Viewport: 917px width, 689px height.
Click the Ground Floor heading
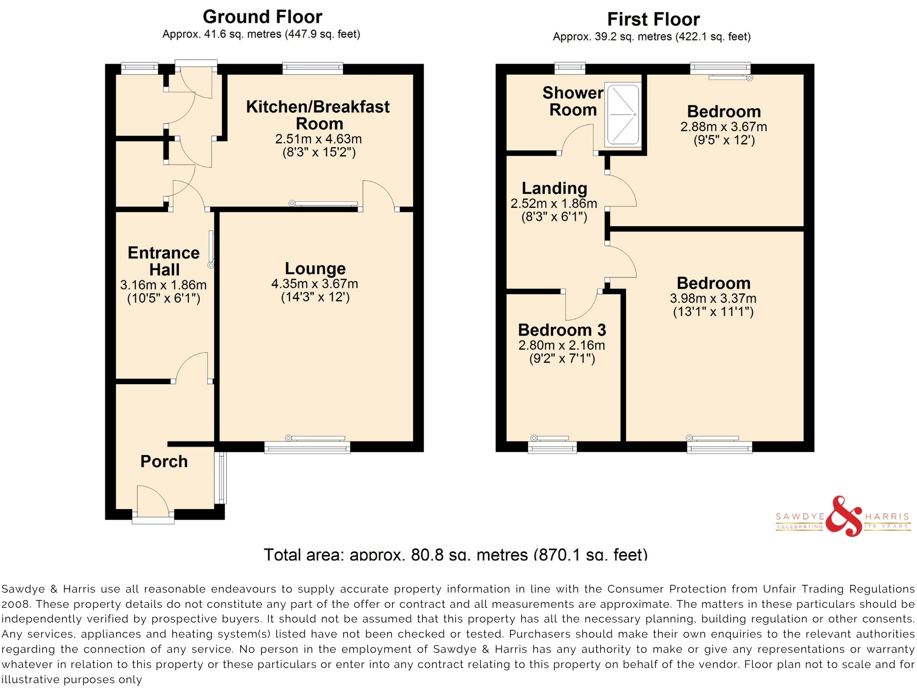[x=263, y=17]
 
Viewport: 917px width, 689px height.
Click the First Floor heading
[x=653, y=20]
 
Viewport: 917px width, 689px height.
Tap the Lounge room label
[x=315, y=268]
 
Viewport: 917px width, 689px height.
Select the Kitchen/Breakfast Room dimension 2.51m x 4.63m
[x=318, y=139]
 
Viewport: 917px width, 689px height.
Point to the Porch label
[x=164, y=461]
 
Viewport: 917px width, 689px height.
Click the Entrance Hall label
[x=164, y=261]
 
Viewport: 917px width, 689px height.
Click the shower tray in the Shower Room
[x=623, y=115]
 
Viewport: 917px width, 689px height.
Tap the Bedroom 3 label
[x=562, y=330]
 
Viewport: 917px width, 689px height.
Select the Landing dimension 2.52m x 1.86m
[x=554, y=204]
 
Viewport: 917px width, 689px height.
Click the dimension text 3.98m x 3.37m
[x=713, y=299]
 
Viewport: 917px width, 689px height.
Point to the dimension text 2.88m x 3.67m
[x=724, y=127]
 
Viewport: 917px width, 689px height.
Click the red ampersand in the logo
[x=843, y=517]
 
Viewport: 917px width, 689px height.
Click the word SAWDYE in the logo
[x=800, y=517]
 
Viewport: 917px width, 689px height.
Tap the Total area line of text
[x=456, y=554]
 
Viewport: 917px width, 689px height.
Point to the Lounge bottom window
[x=307, y=447]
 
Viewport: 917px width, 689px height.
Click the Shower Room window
[x=570, y=68]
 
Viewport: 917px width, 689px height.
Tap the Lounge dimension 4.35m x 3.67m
[x=314, y=284]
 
